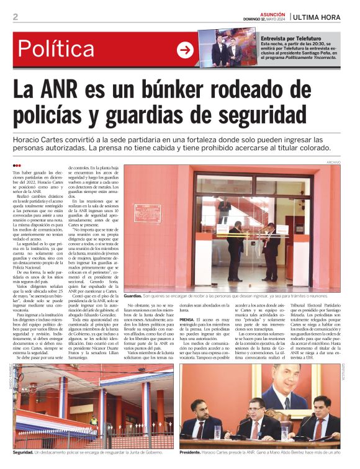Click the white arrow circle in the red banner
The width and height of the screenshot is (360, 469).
click(185, 50)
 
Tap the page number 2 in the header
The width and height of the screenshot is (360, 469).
click(15, 17)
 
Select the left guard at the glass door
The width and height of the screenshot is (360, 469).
click(236, 248)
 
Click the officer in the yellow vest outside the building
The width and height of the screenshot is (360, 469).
click(94, 421)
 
